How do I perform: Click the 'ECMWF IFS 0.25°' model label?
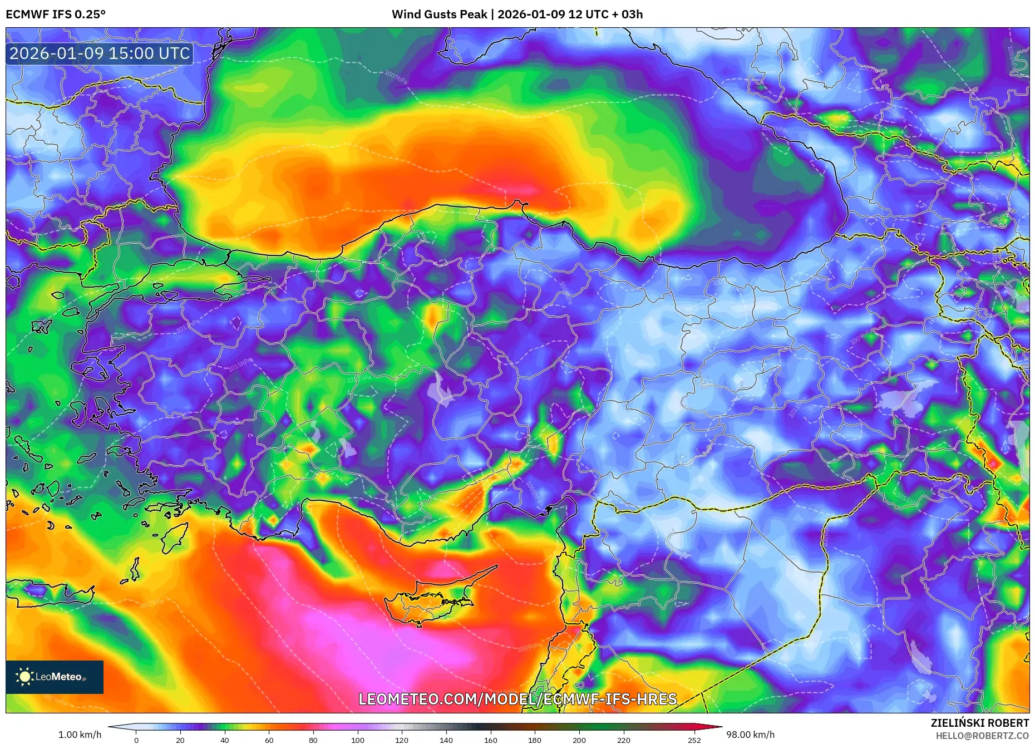click(56, 14)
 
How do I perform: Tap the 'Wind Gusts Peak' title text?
click(439, 14)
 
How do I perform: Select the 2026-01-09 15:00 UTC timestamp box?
click(100, 53)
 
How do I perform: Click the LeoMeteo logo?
click(55, 677)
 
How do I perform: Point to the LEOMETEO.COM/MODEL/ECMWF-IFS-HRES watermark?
click(517, 699)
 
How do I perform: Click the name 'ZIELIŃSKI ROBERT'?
click(979, 723)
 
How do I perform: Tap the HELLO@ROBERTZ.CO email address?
click(982, 736)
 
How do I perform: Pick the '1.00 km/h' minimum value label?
click(80, 735)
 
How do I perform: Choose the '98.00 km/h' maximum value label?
click(750, 735)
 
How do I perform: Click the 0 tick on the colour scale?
click(136, 740)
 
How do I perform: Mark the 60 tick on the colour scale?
click(269, 740)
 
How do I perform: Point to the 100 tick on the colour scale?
click(358, 740)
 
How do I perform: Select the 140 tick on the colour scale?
click(446, 740)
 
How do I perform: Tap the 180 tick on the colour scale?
click(535, 740)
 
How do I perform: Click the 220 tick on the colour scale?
click(624, 740)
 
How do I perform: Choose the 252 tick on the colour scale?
click(694, 740)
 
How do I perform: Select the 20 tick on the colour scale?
click(180, 740)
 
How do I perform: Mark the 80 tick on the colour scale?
click(313, 740)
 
